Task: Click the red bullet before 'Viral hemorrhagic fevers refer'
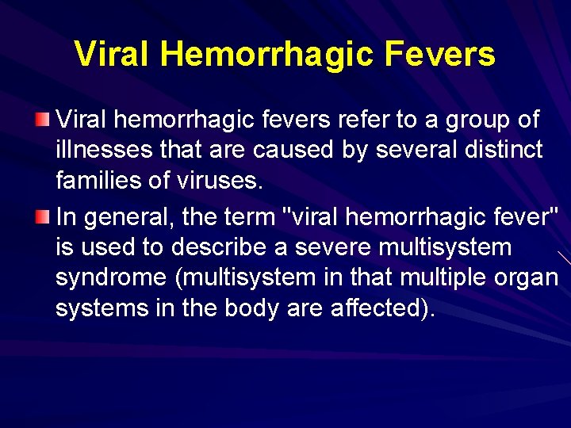[44, 120]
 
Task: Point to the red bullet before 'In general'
[44, 215]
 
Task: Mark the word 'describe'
[228, 246]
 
